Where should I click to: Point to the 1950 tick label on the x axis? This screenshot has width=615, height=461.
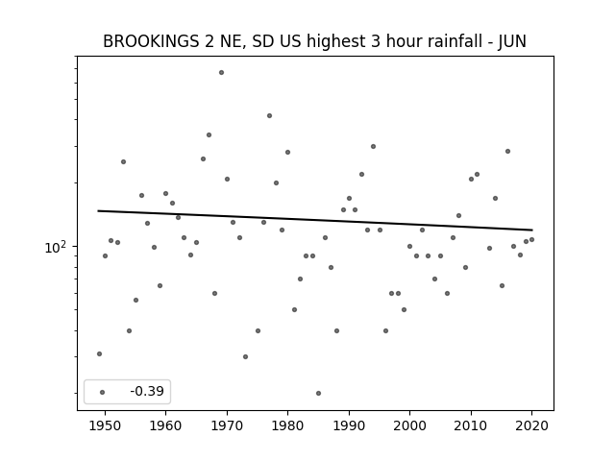105,424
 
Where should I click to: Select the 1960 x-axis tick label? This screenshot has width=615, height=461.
165,424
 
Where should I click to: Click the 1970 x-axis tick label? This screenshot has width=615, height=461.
227,424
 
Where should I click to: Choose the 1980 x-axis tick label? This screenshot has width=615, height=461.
287,424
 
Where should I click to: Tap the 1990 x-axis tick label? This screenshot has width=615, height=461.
349,424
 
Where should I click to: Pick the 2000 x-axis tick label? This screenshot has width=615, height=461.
409,424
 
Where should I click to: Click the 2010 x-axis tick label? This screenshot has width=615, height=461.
471,424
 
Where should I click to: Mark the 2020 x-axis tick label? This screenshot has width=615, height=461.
531,424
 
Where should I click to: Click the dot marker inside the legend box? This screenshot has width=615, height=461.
102,392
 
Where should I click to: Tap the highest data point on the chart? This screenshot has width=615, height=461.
221,72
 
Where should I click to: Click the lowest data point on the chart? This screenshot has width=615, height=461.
318,393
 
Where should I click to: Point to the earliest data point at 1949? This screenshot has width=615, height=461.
99,353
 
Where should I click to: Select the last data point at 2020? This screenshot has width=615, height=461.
531,239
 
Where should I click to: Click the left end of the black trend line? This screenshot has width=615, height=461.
99,210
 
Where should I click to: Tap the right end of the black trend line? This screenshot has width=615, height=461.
531,230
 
